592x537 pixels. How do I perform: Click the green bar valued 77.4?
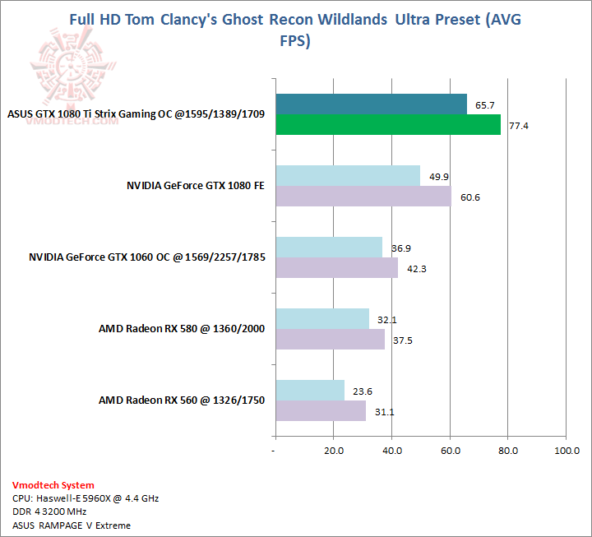pos(387,124)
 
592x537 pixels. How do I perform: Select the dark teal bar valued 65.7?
pos(371,104)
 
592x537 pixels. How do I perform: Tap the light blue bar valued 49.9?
pos(348,175)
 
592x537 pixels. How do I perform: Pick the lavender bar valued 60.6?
pos(363,196)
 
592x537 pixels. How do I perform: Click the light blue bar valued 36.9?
pos(329,247)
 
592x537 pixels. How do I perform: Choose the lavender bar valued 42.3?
pos(336,267)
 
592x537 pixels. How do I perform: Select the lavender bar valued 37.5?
pos(330,339)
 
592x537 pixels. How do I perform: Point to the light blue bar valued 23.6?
pos(309,390)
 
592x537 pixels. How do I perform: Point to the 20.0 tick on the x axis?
pos(333,451)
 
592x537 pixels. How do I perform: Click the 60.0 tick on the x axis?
pos(450,451)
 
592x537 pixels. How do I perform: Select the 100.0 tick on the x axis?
pos(567,451)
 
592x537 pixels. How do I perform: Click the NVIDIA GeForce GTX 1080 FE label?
pos(195,186)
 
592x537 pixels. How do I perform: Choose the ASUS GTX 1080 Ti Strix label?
pos(136,113)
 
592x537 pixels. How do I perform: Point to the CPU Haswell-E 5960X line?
pos(86,498)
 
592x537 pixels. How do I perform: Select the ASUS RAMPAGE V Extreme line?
pos(72,525)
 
